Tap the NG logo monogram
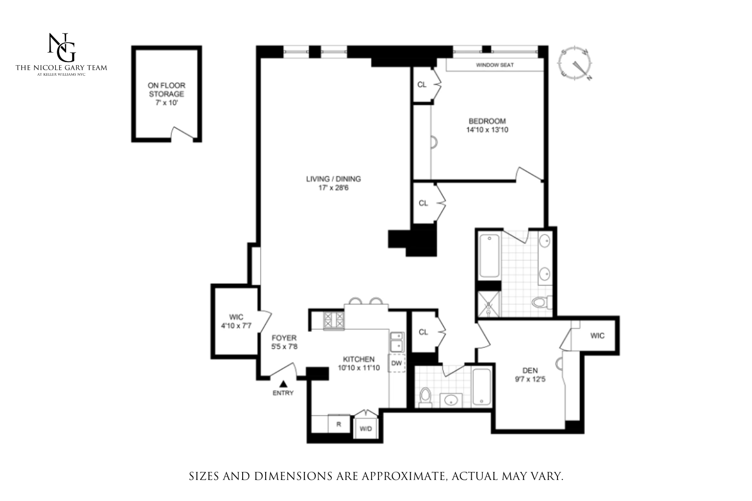tap(62, 47)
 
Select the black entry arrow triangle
tap(283, 383)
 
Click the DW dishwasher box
tap(397, 363)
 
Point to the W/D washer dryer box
tap(366, 429)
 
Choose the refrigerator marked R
tap(339, 424)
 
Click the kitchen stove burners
tap(334, 321)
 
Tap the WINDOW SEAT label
tap(494, 65)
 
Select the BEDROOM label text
tap(487, 121)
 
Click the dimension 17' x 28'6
tap(333, 188)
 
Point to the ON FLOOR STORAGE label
tap(166, 90)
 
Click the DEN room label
tap(530, 371)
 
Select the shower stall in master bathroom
tap(489, 304)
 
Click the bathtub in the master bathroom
tap(489, 256)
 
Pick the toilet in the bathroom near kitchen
tap(425, 396)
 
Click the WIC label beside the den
tap(597, 336)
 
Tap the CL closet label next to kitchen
tap(423, 332)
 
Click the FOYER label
tap(284, 338)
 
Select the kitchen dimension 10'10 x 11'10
tap(358, 368)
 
